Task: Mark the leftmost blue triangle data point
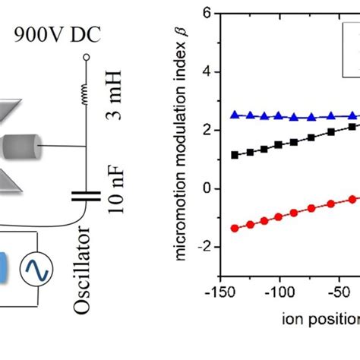click(x=235, y=115)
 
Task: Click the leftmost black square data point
click(x=235, y=155)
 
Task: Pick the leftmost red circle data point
click(x=235, y=228)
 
